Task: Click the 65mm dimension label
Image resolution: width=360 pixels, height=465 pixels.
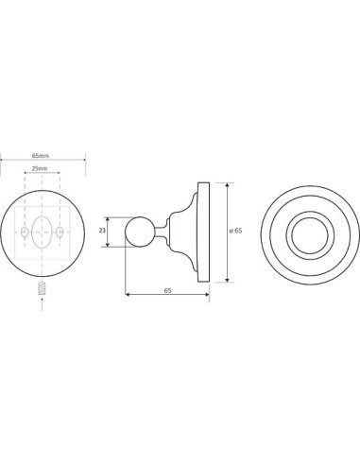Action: (x=41, y=156)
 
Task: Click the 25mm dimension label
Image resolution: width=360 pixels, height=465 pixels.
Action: (x=40, y=168)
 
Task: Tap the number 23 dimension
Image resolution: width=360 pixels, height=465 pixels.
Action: (x=102, y=231)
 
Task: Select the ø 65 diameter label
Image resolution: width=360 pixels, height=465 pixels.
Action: (x=236, y=231)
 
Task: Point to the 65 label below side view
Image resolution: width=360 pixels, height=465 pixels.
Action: (x=167, y=291)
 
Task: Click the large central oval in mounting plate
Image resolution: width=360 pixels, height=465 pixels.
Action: (x=42, y=232)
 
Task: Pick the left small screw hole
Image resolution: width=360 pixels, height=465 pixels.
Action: (x=25, y=232)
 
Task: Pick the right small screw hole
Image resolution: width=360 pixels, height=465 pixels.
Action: (x=60, y=232)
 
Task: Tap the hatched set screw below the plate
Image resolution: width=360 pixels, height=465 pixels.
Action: (x=43, y=288)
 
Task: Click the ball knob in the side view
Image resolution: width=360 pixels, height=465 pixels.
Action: (x=140, y=232)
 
